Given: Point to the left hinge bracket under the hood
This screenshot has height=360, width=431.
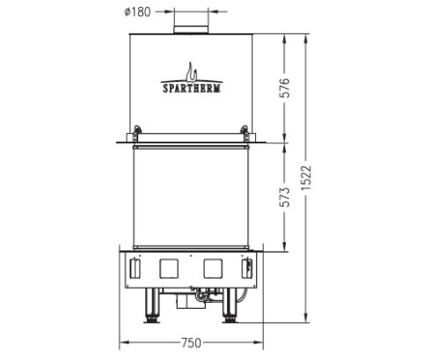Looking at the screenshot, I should click(135, 136).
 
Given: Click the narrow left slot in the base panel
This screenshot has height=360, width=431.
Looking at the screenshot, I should click(135, 266).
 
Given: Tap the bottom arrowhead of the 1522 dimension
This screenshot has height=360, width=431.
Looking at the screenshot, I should click(306, 321).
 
